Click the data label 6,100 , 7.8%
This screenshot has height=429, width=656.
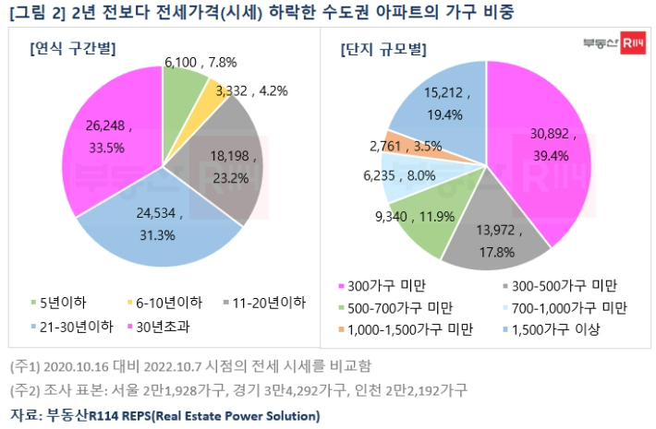(x=200, y=62)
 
